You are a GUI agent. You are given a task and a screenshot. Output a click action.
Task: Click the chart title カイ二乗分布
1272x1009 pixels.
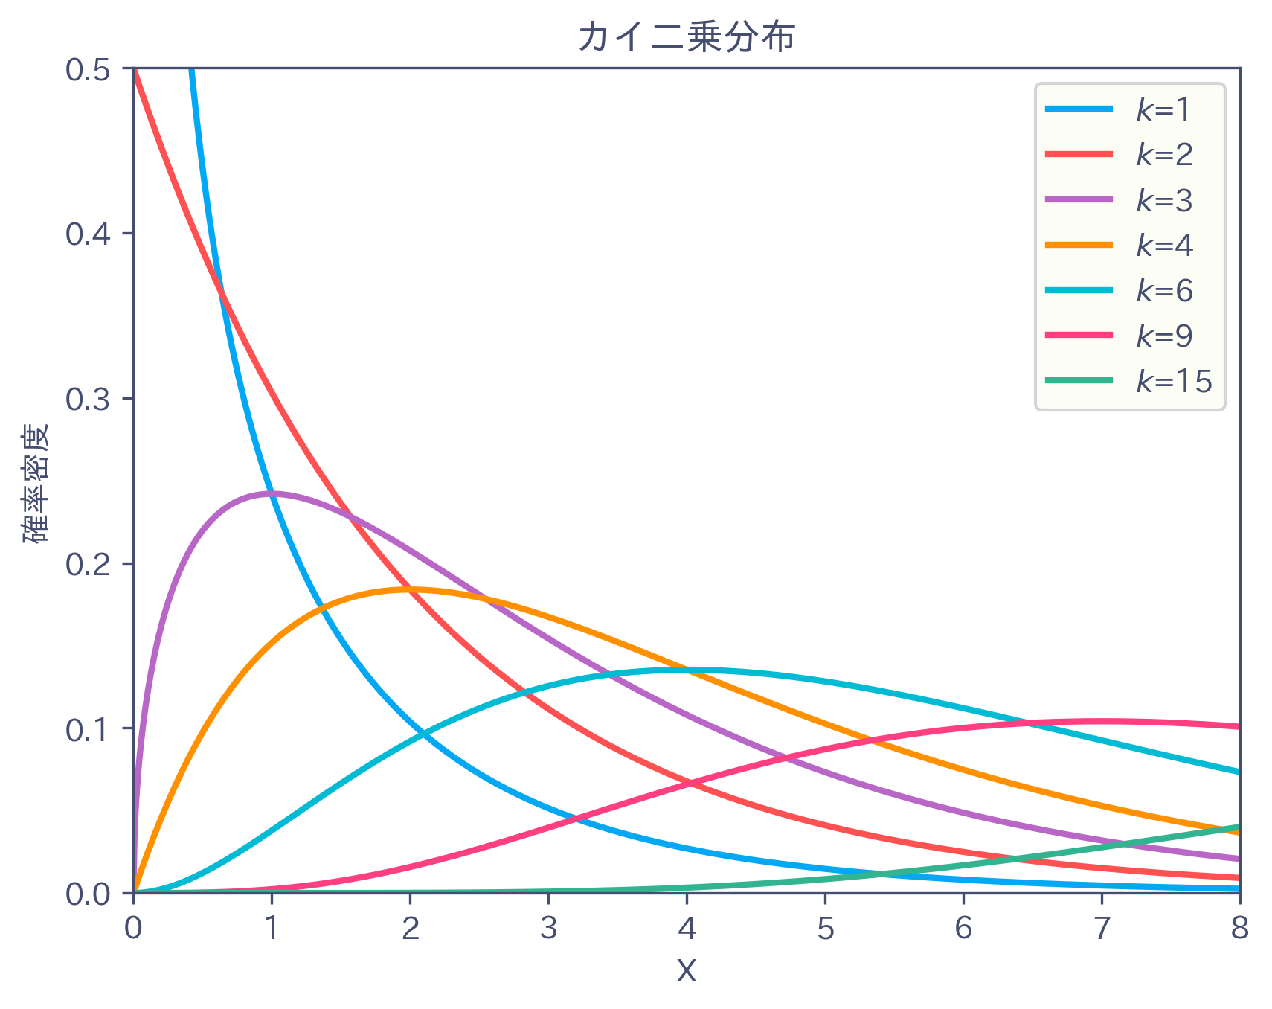tap(686, 37)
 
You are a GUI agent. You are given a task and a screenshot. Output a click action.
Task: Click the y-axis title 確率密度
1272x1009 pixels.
tap(35, 483)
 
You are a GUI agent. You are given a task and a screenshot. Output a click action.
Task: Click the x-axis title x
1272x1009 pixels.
tap(686, 969)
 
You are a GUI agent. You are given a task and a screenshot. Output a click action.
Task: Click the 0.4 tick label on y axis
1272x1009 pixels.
tap(88, 234)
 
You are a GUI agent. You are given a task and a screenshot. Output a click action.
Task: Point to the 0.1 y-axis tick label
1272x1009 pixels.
tap(88, 728)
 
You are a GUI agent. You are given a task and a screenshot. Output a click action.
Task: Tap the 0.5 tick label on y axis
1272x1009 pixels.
tap(88, 69)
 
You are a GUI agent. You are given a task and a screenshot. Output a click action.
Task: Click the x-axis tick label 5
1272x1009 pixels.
tap(825, 928)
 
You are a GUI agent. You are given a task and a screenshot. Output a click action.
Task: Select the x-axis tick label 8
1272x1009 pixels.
tap(1239, 928)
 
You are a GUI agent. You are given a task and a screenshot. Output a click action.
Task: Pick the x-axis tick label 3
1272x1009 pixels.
tap(548, 928)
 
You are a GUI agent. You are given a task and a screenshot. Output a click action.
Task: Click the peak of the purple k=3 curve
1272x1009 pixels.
tap(272, 493)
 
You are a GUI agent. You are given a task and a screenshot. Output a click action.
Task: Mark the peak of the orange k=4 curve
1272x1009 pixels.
tap(410, 589)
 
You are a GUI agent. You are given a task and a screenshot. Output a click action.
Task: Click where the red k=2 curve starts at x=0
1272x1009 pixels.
tap(134, 69)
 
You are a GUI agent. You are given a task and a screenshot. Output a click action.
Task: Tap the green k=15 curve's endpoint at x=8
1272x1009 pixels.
tap(1239, 827)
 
